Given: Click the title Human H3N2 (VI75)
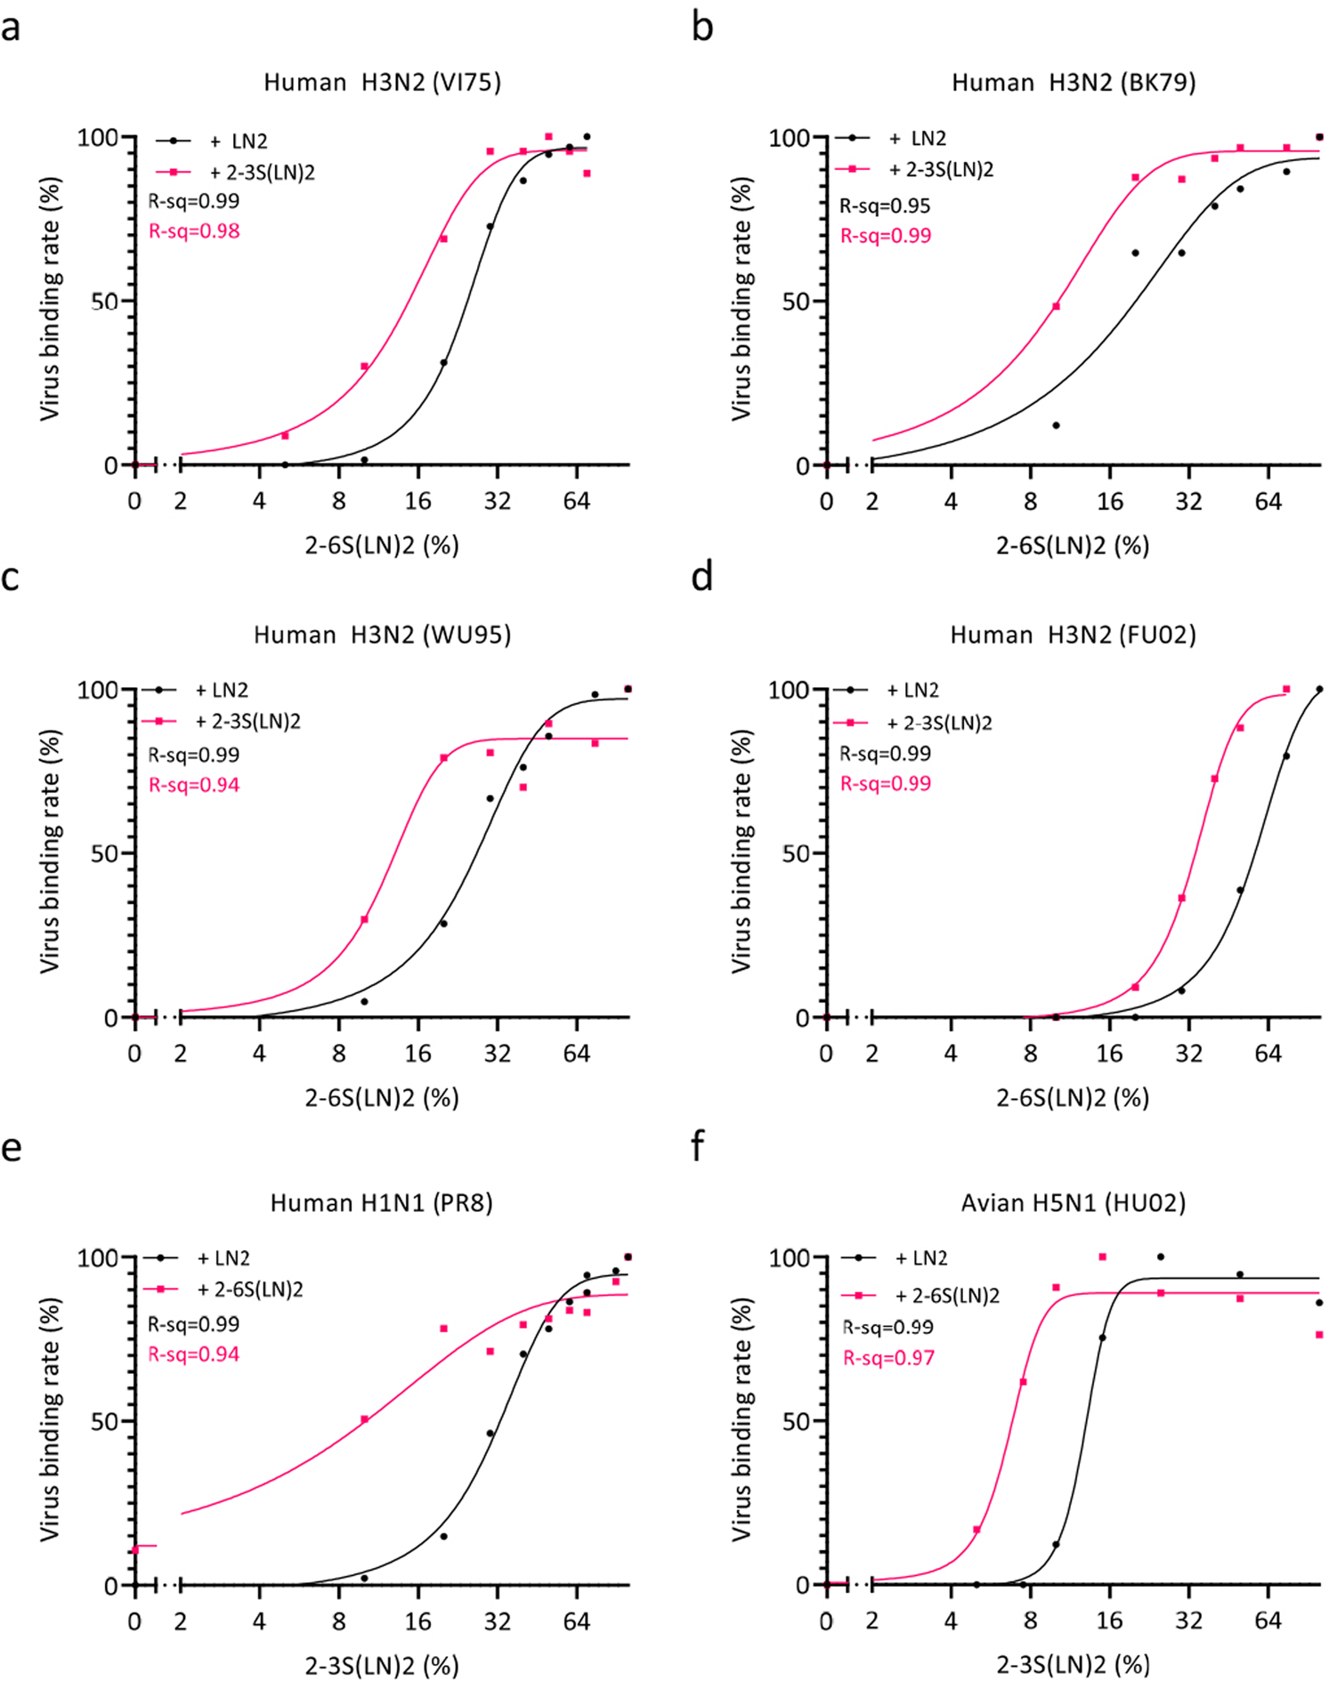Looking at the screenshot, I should [x=382, y=83].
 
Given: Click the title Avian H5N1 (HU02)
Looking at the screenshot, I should [x=1073, y=1203].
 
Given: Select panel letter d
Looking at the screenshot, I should [x=701, y=578].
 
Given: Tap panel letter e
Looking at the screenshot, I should [x=11, y=1148].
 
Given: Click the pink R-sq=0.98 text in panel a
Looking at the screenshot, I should [x=194, y=231].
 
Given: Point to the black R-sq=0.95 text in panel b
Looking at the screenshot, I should [x=885, y=206].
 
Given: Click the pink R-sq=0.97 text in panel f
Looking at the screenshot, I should [x=887, y=1358].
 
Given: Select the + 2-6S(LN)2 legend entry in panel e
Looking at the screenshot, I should [x=249, y=1289].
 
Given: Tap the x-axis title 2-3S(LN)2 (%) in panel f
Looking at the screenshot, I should [x=1073, y=1664].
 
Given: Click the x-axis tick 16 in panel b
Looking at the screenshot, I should [x=1109, y=502].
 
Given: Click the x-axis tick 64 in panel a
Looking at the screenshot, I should [x=576, y=502].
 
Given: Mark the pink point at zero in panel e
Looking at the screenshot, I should [x=134, y=1550].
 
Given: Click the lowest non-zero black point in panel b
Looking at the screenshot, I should [x=1056, y=425].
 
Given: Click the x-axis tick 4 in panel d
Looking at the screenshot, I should [x=951, y=1055].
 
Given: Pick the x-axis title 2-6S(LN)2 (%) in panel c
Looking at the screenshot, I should [x=382, y=1097].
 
